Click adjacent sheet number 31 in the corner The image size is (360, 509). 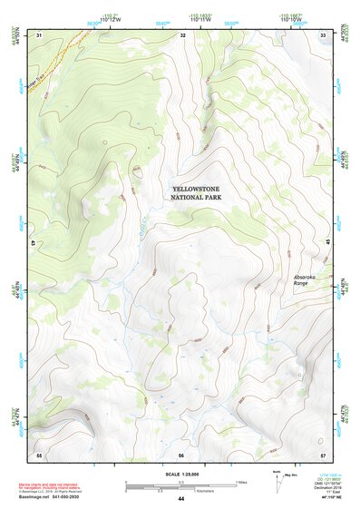[x=39, y=34]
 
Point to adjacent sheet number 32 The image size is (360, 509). [x=182, y=34]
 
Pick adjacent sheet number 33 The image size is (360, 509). [x=324, y=34]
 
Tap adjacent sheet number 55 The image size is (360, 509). [x=39, y=454]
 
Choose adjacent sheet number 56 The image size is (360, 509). [x=181, y=454]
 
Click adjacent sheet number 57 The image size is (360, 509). [x=324, y=454]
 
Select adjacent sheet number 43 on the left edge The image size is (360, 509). [x=34, y=243]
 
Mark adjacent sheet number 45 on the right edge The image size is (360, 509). [x=327, y=243]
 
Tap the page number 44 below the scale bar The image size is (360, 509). [x=180, y=498]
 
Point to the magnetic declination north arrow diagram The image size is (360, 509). [x=276, y=478]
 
